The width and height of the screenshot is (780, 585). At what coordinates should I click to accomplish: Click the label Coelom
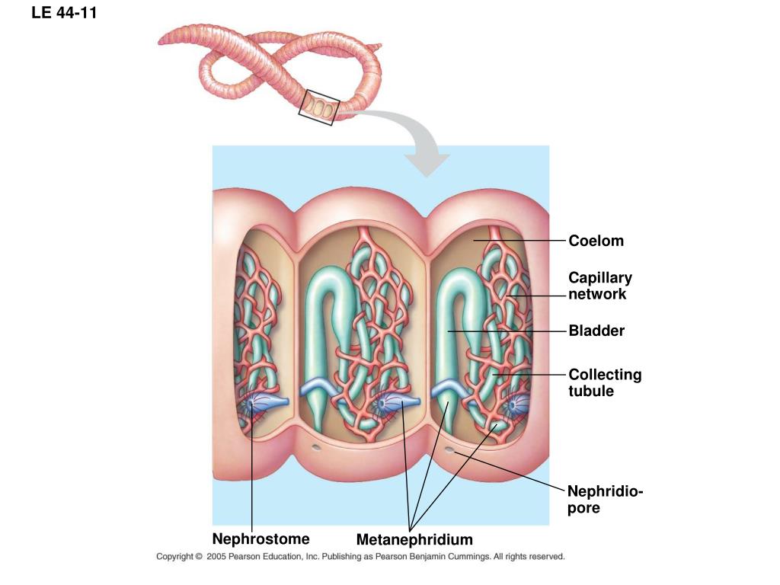coord(596,241)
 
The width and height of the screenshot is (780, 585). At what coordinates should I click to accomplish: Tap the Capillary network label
coord(600,286)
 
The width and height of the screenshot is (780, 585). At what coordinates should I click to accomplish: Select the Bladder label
coord(596,331)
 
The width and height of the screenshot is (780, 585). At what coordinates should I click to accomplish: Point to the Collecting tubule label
coord(605,382)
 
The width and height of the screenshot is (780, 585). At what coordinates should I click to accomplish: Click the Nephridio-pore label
coord(605,500)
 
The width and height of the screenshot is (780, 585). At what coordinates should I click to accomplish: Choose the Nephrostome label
coord(261,539)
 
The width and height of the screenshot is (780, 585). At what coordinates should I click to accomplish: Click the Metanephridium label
coord(414,540)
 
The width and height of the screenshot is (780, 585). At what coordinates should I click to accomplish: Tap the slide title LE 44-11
coord(65,13)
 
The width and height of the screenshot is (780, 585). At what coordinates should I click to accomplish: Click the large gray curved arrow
coord(415,144)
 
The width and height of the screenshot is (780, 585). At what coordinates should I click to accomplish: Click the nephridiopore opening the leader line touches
coord(449,450)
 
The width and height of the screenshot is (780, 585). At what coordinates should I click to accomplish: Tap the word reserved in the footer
coord(546,557)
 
